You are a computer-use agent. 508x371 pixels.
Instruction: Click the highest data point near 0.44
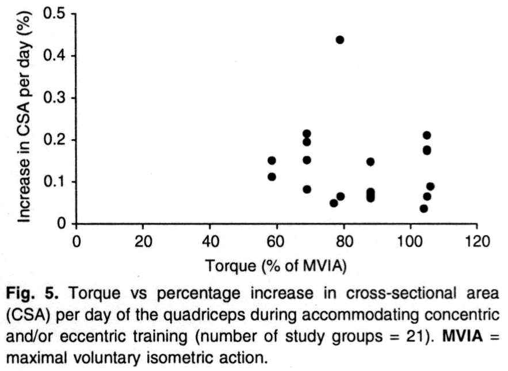click(x=339, y=40)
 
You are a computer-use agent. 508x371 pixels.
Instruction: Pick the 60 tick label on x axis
click(x=277, y=240)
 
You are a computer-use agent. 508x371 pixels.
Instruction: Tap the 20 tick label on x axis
click(x=143, y=240)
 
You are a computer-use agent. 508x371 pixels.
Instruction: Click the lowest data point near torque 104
click(x=424, y=208)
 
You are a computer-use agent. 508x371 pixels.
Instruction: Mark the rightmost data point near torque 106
click(x=430, y=186)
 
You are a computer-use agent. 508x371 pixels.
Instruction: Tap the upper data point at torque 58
click(x=272, y=160)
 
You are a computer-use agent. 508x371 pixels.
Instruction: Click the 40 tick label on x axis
click(x=210, y=240)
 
